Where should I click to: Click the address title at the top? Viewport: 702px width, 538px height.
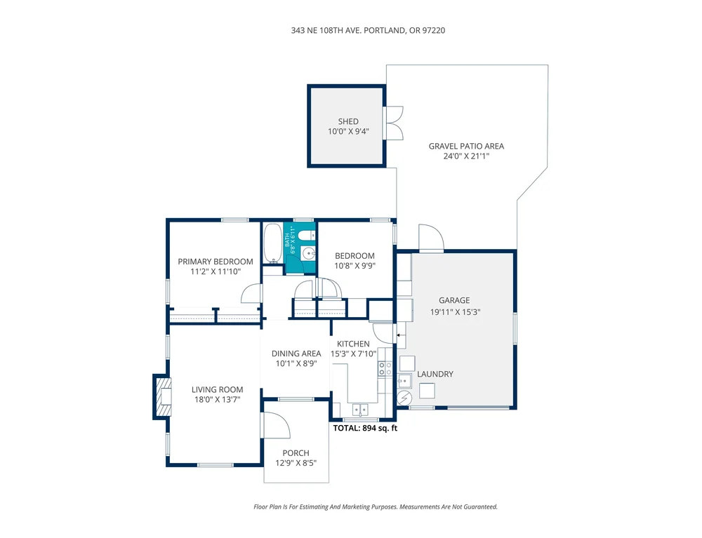[x=368, y=30]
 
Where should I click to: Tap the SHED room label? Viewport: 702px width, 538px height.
[x=348, y=121]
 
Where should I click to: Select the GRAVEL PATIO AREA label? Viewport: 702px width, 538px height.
[x=466, y=146]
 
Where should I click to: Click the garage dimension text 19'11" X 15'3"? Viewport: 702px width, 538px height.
[x=455, y=312]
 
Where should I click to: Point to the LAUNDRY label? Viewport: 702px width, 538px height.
[x=435, y=374]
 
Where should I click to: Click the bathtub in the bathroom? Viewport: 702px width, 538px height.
[x=272, y=243]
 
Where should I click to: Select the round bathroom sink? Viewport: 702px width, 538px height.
[x=308, y=254]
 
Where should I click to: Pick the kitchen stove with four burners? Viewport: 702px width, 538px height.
[x=385, y=368]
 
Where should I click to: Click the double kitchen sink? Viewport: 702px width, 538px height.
[x=360, y=409]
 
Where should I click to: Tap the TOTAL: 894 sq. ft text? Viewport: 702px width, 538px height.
[x=365, y=428]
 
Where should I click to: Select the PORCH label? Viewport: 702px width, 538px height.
[x=296, y=453]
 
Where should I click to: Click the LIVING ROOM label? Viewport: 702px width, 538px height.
[x=217, y=389]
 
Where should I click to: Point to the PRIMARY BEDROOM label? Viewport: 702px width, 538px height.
[x=216, y=262]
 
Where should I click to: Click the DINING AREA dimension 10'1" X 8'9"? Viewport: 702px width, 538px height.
[x=296, y=363]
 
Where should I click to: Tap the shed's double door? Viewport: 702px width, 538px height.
[x=394, y=123]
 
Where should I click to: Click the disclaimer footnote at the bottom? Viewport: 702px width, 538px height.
[x=376, y=506]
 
